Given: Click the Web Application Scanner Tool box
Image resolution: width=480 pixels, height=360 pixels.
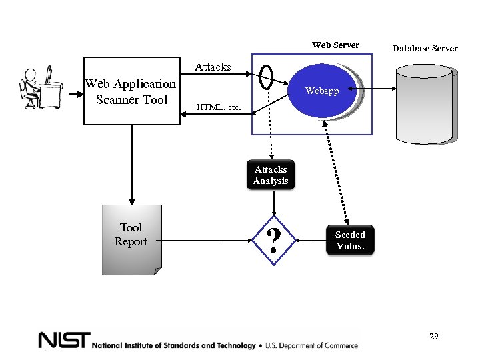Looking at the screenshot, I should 131,91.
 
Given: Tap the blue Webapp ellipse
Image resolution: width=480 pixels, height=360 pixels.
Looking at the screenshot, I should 322,91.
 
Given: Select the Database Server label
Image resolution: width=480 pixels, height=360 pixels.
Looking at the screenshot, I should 425,48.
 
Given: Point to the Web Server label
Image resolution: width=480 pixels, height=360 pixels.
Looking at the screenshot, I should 335,45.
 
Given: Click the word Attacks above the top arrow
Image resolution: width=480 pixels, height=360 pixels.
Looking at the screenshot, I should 213,67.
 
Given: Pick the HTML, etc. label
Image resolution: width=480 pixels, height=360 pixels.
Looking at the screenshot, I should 218,107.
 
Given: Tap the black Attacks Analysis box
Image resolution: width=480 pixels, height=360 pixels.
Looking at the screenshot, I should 271,175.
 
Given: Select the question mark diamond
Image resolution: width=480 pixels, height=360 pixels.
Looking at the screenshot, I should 272,240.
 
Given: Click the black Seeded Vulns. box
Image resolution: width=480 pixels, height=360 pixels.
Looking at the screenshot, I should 350,240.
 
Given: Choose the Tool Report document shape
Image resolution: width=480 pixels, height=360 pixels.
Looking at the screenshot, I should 131,239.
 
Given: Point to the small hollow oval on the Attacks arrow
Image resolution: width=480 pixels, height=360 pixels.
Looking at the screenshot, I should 267,77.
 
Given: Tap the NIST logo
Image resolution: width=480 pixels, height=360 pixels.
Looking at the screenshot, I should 63,341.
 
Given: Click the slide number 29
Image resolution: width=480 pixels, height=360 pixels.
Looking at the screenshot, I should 433,337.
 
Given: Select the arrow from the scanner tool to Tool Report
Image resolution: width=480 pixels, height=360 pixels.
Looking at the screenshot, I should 131,163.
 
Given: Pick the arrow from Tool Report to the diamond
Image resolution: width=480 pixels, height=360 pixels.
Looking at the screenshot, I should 207,239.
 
